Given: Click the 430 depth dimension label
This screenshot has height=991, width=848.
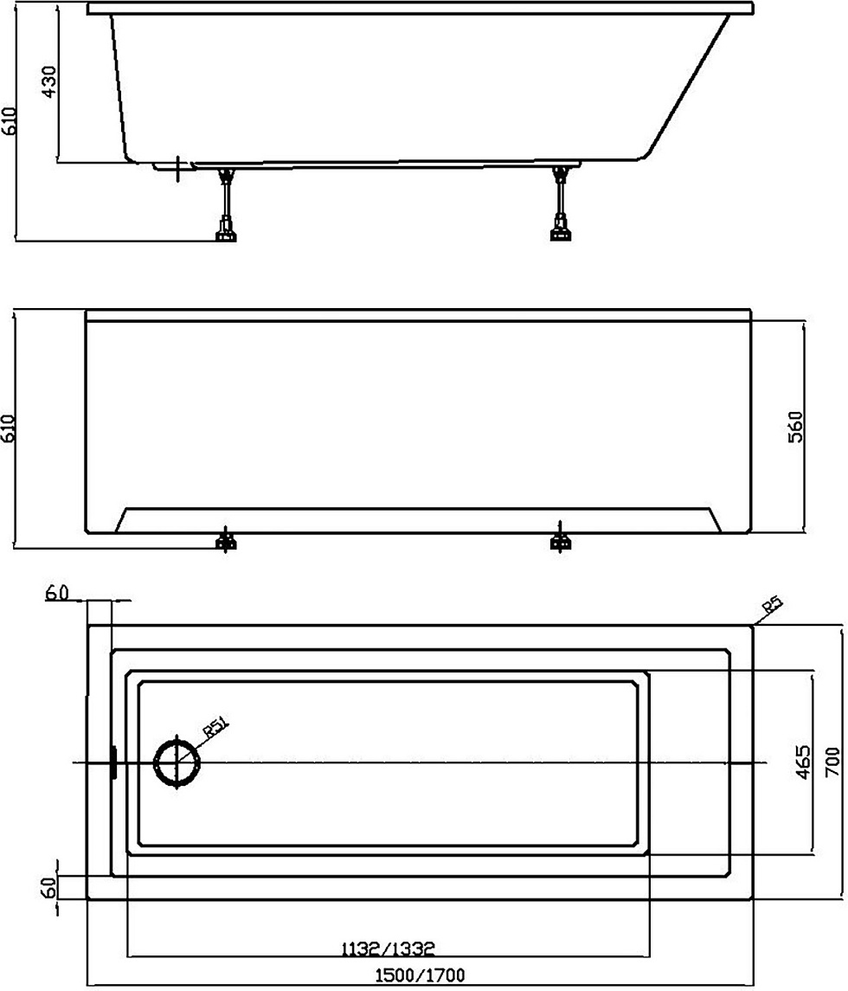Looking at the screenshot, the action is pos(48,81).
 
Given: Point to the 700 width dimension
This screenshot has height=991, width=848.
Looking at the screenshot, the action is pos(832,763).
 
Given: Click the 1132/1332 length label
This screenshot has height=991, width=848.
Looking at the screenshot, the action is pos(388,949).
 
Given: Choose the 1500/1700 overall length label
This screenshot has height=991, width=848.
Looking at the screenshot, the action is pos(420,975).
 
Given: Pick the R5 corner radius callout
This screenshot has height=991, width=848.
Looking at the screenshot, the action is pos(772,607).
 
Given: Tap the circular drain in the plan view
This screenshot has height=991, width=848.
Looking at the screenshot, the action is pos(178,763).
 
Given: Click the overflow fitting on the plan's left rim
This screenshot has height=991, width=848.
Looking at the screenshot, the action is pos(113,763).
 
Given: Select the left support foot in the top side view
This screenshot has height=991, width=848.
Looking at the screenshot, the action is pos(226,203).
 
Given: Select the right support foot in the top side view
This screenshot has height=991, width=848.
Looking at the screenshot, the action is pos(561,203).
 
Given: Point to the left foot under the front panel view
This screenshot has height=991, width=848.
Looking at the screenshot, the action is pos(226,538).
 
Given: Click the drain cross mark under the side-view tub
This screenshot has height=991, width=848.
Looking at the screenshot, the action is pos(179,169).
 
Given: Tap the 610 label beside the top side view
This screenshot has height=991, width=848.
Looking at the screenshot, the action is pos(9,120).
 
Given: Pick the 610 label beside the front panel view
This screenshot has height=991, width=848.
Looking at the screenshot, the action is pos(9,428).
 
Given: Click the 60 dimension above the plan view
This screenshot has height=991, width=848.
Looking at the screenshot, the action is pos(57,593).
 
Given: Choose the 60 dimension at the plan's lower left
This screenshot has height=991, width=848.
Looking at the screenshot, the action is pos(48,887).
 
